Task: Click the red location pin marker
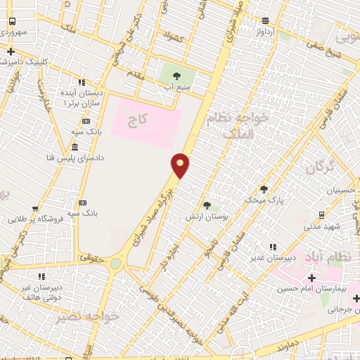181,165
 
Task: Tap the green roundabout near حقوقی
115,264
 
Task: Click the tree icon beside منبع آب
176,76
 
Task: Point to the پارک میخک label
264,200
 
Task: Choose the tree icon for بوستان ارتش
206,205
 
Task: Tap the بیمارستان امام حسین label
307,289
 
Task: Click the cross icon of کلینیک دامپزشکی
11,51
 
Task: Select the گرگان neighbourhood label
321,167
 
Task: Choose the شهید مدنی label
322,226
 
